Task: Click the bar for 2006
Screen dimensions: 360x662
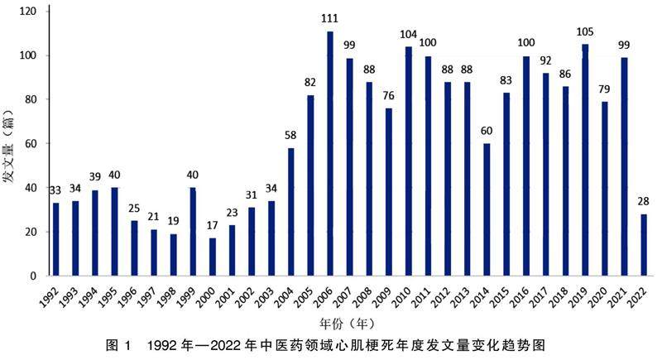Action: pos(329,154)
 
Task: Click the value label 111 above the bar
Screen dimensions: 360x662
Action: pos(329,17)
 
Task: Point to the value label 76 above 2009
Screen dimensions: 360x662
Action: pos(389,94)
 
